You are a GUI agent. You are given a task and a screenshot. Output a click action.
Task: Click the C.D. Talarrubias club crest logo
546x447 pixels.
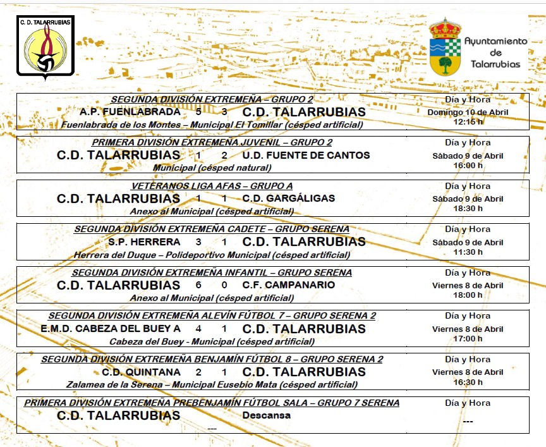click(45, 48)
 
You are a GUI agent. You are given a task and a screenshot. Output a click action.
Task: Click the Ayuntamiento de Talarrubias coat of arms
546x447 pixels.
click(445, 46)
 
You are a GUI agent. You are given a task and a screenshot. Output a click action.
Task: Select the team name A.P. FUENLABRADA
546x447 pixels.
click(130, 112)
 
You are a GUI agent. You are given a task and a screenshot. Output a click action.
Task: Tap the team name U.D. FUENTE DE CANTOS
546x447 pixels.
click(306, 155)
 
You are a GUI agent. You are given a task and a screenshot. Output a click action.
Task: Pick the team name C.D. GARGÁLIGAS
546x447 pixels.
click(288, 199)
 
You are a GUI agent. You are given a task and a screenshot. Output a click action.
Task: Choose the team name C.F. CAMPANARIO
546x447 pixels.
click(288, 285)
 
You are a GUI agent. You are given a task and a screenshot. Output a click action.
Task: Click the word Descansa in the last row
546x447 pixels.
click(266, 415)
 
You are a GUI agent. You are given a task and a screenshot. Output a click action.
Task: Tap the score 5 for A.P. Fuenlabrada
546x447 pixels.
click(198, 112)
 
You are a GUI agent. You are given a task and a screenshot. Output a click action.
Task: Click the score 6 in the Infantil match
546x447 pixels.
click(198, 285)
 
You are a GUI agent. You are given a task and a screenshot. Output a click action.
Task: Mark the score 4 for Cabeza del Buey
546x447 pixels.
click(198, 329)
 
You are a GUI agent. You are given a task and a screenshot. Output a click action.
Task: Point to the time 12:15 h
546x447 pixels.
click(467, 121)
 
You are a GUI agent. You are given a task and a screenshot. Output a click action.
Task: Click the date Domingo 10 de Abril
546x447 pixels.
click(467, 112)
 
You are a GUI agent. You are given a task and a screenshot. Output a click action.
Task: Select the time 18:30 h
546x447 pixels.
click(467, 208)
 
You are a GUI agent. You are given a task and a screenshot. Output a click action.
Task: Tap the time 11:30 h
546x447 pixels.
click(467, 252)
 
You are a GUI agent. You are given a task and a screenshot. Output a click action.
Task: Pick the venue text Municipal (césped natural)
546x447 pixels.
click(212, 168)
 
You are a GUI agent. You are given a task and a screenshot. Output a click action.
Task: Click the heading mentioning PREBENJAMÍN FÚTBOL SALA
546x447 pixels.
click(212, 403)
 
